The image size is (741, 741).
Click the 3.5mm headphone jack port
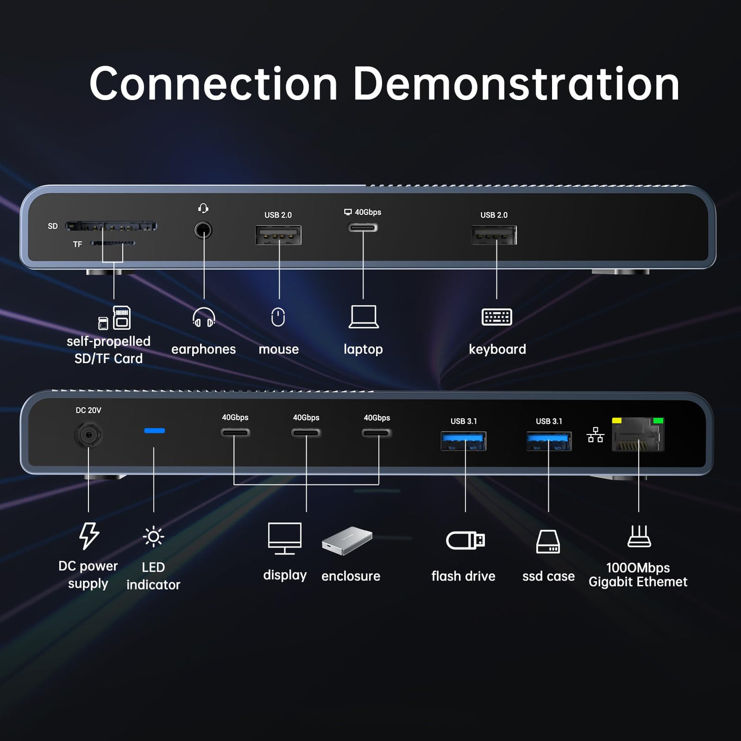point(203,230)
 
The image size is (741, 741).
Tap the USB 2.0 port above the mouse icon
point(278,235)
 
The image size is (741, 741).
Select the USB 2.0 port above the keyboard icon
point(494,235)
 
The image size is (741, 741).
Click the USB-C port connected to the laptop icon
point(363,228)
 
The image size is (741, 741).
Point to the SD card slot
point(111,227)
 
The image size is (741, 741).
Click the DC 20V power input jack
point(88,435)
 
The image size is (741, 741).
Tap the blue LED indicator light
point(154,431)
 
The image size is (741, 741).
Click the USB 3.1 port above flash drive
point(464,441)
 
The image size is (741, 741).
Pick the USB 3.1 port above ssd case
point(549,441)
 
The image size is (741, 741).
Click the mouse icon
point(278,317)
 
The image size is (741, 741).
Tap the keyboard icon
point(496,317)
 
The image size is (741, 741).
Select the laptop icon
point(364,317)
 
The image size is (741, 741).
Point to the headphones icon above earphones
point(204,317)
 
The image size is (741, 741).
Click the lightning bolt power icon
point(88,536)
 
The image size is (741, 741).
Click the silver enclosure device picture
point(347,540)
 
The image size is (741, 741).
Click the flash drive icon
point(465,540)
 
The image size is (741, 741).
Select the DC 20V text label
point(88,410)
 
